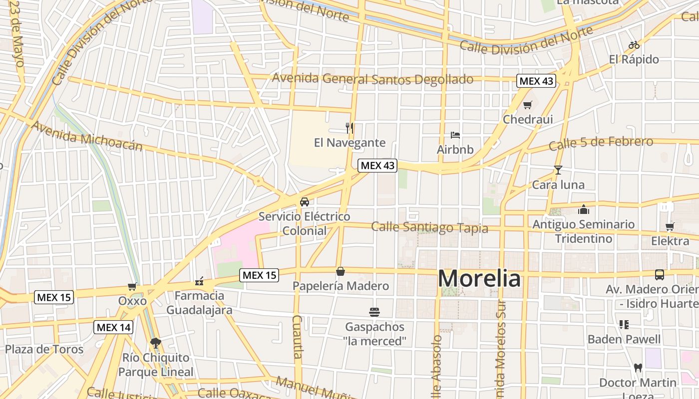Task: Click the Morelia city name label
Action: pyautogui.click(x=479, y=278)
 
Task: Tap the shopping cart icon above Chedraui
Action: pyautogui.click(x=528, y=105)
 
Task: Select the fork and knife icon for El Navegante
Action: pyautogui.click(x=349, y=128)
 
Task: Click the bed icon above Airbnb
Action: pyautogui.click(x=455, y=135)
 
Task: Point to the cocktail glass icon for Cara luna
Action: pyautogui.click(x=558, y=170)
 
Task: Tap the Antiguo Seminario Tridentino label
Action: pyautogui.click(x=583, y=231)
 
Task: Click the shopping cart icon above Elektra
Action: pyautogui.click(x=670, y=227)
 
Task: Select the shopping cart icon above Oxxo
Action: pyautogui.click(x=132, y=286)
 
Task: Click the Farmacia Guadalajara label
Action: pyautogui.click(x=199, y=303)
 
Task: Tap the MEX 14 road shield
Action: pyautogui.click(x=113, y=327)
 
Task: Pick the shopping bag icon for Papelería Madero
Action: pyautogui.click(x=341, y=271)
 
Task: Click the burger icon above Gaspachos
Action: pyautogui.click(x=375, y=312)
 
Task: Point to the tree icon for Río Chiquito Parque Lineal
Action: pyautogui.click(x=156, y=343)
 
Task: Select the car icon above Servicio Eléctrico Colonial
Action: pyautogui.click(x=304, y=202)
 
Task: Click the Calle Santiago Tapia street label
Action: pyautogui.click(x=429, y=227)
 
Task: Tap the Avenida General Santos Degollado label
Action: pyautogui.click(x=372, y=79)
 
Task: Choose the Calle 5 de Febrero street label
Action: pyautogui.click(x=601, y=143)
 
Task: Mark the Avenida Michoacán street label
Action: pyautogui.click(x=86, y=135)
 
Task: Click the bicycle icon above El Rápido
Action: pyautogui.click(x=634, y=45)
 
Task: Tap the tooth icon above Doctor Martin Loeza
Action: pyautogui.click(x=637, y=368)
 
